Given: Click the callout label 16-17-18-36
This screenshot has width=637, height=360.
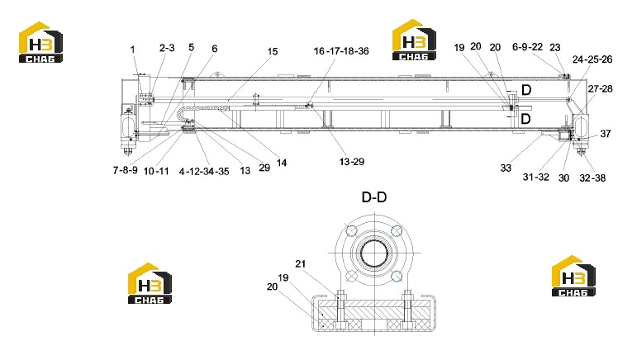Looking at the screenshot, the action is pos(341,51).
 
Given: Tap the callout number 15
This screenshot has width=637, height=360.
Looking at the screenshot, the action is pos(273,51).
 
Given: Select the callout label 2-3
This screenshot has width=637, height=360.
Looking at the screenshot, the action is pos(167,48).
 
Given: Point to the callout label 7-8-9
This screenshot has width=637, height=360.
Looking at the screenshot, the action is pos(125,170).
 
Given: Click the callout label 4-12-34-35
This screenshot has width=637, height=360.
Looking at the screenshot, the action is pos(204,172).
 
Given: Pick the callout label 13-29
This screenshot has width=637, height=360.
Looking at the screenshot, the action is pos(352,162).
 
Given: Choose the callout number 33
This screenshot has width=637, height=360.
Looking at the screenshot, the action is pos(506,168).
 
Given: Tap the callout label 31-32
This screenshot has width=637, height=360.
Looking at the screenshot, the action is pos(536,177).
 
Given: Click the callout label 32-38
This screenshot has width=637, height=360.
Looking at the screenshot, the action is pos(592,178).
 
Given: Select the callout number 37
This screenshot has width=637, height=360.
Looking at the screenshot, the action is pos(606,134).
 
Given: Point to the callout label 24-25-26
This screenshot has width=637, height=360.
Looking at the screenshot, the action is pos(592,59).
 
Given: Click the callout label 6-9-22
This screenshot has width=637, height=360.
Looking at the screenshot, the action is pos(527,47).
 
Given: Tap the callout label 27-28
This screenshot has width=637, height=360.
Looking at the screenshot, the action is pos(600,89).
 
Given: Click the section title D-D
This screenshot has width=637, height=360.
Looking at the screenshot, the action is pos(374,197).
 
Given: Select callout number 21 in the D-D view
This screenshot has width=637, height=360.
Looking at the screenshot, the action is pos(300,264).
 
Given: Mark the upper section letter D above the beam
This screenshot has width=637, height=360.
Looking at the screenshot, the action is pos(526,90).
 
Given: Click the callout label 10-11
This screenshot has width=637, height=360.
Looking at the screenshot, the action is pos(156,171).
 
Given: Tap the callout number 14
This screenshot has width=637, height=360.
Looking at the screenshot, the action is pos(282,163).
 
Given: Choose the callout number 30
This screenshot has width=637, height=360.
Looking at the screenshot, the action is pos(563,178).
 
